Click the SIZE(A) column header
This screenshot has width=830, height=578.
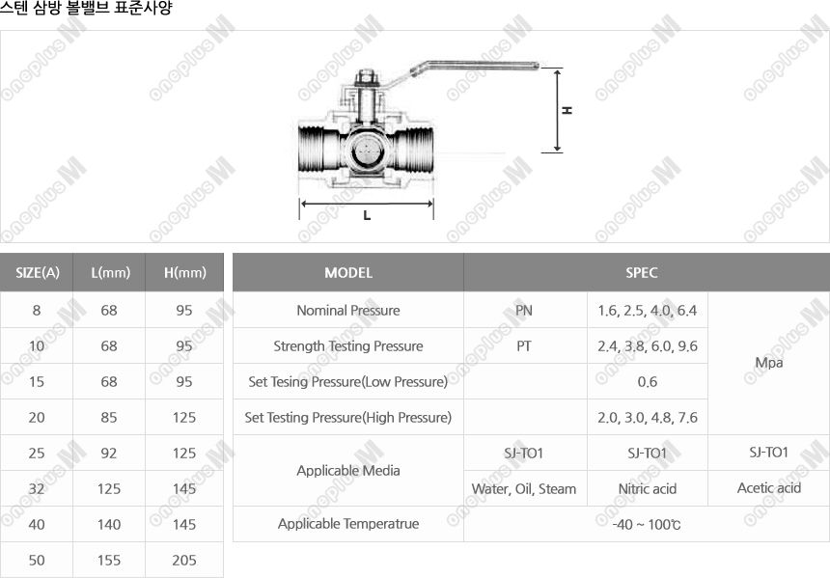coord(37,272)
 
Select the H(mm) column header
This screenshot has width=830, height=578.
coord(184,272)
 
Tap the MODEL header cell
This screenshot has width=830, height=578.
coord(348,272)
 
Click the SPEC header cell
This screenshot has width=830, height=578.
coord(642,272)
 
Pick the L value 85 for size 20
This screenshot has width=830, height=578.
coord(109,418)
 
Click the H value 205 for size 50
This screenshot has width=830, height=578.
coord(184,560)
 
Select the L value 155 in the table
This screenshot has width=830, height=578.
coord(109,560)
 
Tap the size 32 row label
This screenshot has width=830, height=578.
coord(37,488)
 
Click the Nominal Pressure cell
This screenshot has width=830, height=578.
coord(348,310)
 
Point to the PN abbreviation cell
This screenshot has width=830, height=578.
coord(524,310)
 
